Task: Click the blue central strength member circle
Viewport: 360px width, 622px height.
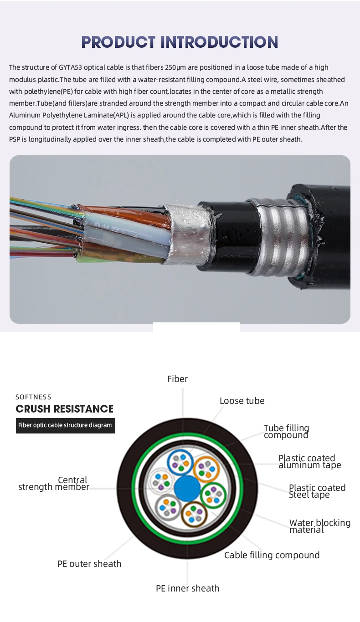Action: point(187,489)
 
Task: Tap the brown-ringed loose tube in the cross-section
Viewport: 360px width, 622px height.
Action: point(194,515)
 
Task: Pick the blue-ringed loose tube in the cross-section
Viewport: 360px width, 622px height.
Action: point(180,462)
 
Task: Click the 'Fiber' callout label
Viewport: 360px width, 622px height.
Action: point(177,379)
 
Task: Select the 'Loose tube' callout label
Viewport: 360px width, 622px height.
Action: point(242,401)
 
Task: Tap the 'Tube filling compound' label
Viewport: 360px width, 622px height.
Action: point(286,432)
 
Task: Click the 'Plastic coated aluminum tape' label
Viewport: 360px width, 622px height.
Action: point(309,461)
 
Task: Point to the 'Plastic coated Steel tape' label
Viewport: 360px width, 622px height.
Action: point(317,491)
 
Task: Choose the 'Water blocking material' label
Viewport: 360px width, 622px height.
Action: point(319,526)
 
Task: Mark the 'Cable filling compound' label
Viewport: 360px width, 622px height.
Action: point(272,555)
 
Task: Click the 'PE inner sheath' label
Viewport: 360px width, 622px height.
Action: point(187,588)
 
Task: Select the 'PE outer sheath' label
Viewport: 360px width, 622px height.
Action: point(89,564)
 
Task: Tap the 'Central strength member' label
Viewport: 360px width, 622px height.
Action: point(54,484)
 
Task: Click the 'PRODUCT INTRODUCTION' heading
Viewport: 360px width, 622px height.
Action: point(180,42)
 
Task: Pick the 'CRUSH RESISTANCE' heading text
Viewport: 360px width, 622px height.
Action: point(64,409)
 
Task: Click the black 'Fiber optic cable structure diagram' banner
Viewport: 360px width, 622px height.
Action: point(65,425)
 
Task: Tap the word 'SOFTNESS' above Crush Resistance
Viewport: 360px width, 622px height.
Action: point(33,397)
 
